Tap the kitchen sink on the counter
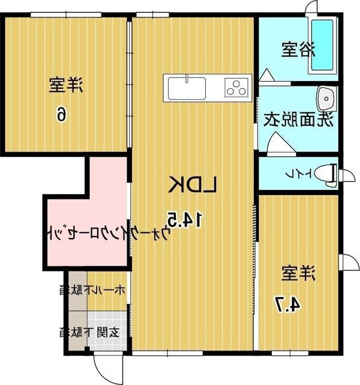click(x=187, y=89)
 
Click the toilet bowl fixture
click(x=326, y=173)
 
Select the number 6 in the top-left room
click(x=62, y=113)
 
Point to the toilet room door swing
click(x=347, y=175)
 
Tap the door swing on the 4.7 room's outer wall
click(x=347, y=263)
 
